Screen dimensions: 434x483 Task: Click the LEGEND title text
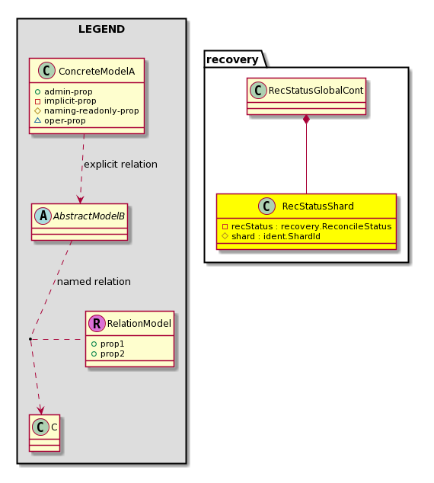(101, 29)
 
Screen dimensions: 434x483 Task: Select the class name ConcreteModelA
(97, 71)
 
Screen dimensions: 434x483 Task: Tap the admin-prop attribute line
(64, 91)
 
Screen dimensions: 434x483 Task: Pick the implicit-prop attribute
(65, 101)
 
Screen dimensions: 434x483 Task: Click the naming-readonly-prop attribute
(87, 110)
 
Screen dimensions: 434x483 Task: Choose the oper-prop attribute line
(60, 120)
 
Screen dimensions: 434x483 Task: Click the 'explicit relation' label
(120, 165)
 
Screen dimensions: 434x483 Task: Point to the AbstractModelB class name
(89, 216)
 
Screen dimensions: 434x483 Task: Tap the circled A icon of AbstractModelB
(43, 216)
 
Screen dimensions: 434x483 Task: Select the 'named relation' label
(94, 282)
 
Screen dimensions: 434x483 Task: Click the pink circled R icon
(97, 324)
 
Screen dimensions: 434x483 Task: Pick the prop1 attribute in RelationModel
(108, 344)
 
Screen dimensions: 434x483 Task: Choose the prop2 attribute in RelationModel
(108, 353)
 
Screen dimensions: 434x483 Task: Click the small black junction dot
(30, 339)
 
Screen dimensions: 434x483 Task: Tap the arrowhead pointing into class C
(40, 410)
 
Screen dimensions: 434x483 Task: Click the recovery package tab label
(232, 59)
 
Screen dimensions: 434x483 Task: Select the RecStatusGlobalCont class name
(316, 91)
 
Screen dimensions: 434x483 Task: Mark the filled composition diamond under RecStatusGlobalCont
(306, 120)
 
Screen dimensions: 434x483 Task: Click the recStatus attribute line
(307, 227)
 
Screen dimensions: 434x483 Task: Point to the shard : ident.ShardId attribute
(271, 237)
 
